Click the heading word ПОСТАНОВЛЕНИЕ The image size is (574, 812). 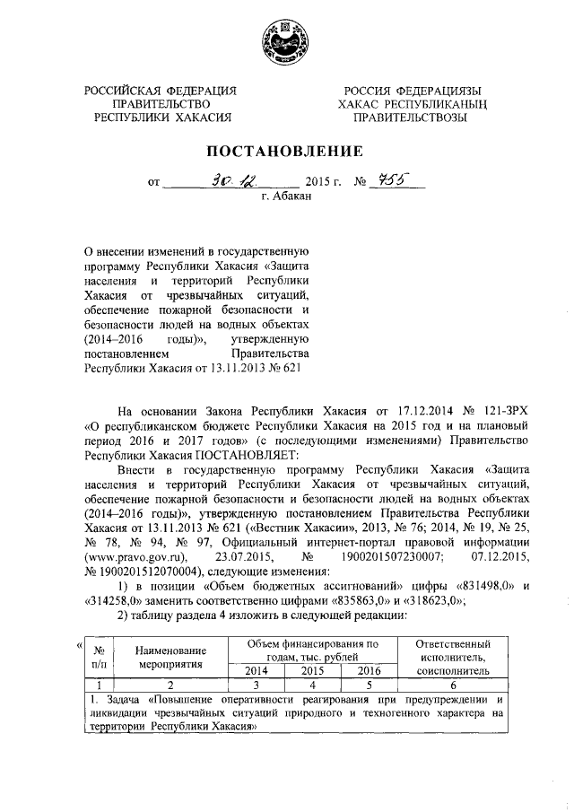coord(286,150)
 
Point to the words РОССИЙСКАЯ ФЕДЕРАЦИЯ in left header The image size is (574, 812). coord(161,91)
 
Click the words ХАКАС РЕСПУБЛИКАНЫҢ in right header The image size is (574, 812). coord(413,104)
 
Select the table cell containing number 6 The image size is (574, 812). coord(453,684)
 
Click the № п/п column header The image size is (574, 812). coord(100,659)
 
